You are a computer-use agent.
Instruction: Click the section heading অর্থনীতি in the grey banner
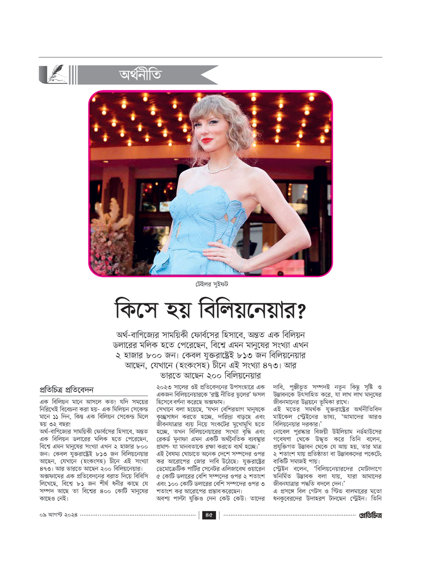point(141,75)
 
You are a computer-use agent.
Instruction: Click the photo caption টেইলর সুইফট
point(211,284)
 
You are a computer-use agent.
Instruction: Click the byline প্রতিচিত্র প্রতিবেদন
point(67,390)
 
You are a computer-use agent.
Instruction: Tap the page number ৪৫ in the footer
point(209,515)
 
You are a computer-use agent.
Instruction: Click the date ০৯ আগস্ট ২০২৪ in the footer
point(58,515)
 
